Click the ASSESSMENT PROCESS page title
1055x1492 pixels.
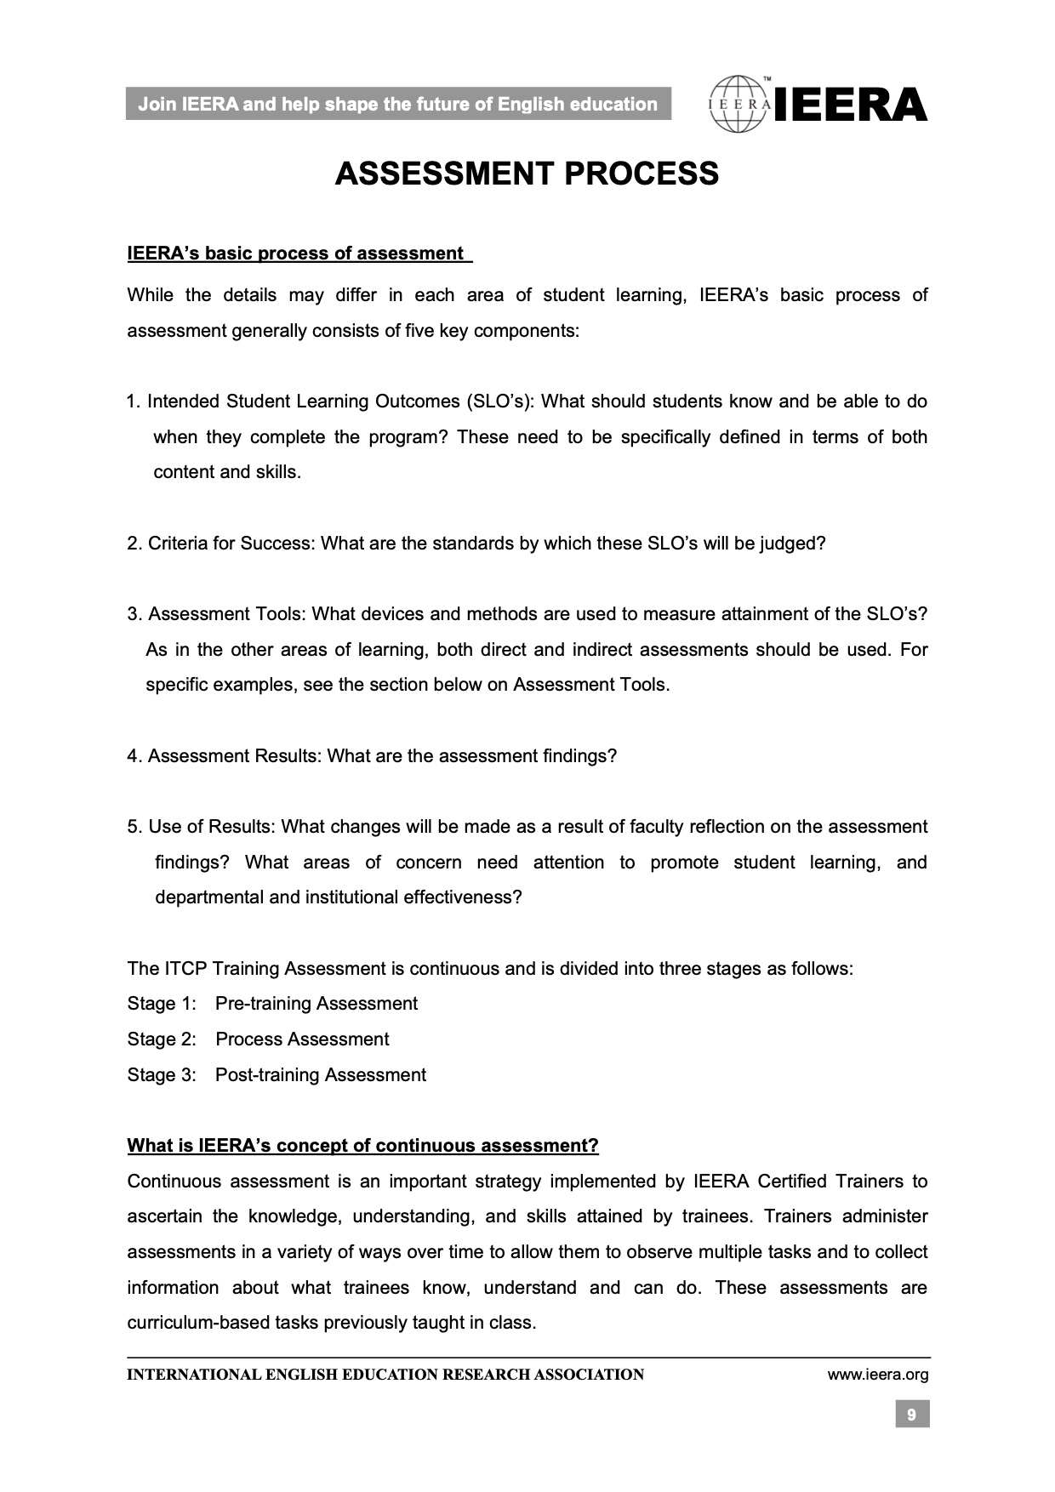tap(527, 174)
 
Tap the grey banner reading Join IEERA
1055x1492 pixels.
tap(397, 105)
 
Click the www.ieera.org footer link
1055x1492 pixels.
tap(877, 1375)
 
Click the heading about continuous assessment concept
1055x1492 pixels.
tap(362, 1146)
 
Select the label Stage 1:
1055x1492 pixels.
tap(162, 1004)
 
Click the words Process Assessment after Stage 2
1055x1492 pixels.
tap(302, 1039)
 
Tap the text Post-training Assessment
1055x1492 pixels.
tap(320, 1075)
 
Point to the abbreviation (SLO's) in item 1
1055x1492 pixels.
tap(499, 401)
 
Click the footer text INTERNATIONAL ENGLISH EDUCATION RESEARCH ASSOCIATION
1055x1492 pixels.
tap(385, 1375)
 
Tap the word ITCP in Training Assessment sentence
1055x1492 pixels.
tap(185, 969)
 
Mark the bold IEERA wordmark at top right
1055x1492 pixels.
tap(851, 105)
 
